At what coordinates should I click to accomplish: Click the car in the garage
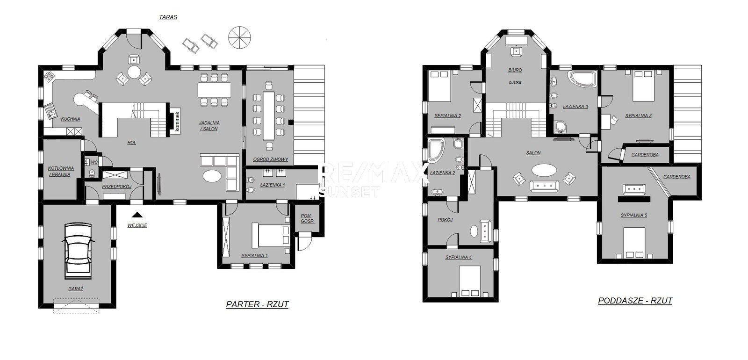78,251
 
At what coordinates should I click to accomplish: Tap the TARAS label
168,17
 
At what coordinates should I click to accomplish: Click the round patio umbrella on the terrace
240,38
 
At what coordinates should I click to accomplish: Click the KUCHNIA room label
71,119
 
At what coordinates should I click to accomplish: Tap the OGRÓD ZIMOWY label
271,159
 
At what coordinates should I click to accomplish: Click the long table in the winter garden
268,115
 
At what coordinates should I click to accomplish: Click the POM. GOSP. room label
307,218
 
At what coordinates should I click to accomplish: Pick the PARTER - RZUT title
257,304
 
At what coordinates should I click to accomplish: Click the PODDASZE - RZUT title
635,301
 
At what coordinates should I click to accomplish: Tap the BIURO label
515,70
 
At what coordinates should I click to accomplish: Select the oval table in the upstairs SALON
544,170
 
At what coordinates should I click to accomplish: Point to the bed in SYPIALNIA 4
470,281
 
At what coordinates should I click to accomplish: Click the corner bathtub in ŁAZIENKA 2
436,151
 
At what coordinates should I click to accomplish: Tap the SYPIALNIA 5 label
634,216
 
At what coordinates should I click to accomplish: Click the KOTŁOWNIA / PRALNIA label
61,171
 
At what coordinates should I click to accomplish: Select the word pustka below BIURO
515,82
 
